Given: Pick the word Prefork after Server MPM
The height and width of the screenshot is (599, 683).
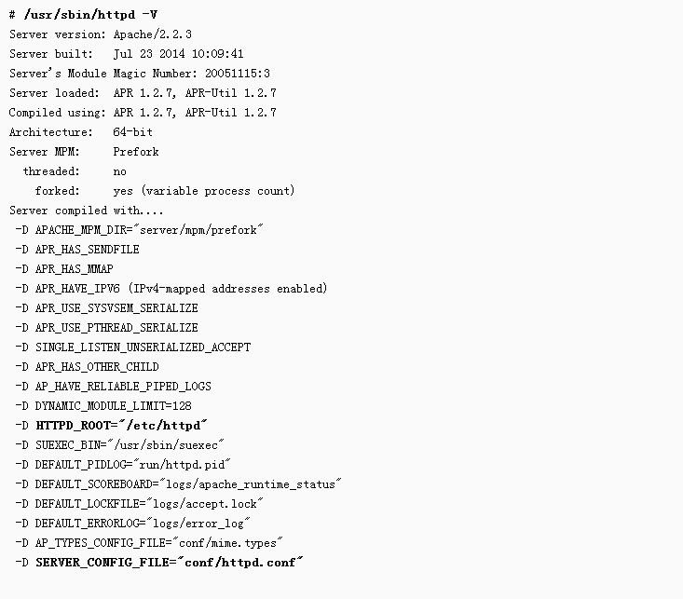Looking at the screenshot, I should click(136, 152).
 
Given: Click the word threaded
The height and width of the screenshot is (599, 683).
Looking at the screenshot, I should click(50, 171).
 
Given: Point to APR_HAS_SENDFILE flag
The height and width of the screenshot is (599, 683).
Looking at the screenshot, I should click(87, 250).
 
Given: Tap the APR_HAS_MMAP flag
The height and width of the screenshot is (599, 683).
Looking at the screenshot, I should click(74, 269).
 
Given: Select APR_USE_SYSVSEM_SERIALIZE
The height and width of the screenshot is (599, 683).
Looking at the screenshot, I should click(116, 308).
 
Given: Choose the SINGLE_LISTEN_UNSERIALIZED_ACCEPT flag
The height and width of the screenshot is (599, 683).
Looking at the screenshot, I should click(143, 347).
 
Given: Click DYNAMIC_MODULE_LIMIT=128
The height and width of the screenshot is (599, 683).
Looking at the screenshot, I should click(113, 406).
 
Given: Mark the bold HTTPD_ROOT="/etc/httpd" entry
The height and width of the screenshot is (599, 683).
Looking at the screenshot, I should click(121, 426).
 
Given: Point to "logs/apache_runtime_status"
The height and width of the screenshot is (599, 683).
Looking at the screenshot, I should click(252, 484).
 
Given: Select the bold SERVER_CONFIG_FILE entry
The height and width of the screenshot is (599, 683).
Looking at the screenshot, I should click(170, 563).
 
